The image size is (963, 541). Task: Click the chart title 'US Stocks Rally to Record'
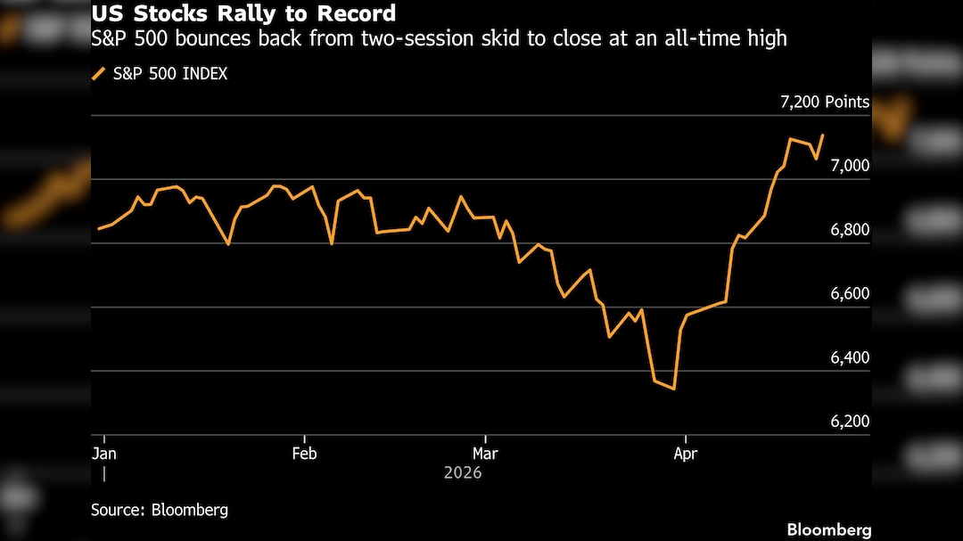pos(243,15)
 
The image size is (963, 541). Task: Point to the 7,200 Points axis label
pos(824,102)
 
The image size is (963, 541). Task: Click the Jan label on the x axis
pos(105,453)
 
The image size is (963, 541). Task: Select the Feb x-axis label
pos(304,453)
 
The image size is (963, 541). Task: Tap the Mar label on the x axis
pos(485,453)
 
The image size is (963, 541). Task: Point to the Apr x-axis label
pos(685,453)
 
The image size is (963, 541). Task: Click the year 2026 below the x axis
pos(463,472)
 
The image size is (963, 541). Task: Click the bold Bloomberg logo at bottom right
pos(828,529)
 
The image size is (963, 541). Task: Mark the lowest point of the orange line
pos(674,389)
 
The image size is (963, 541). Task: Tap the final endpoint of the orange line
pos(822,135)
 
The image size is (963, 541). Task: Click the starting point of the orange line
pos(98,229)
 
